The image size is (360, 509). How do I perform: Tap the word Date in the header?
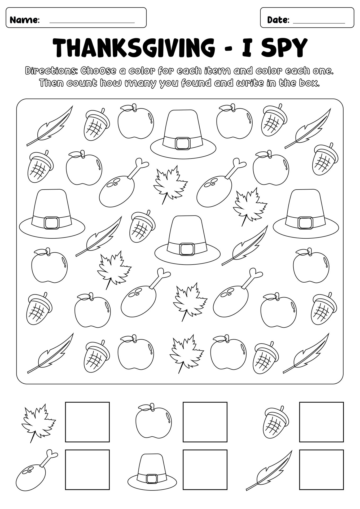tap(277, 20)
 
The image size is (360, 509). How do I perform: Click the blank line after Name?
tap(92, 23)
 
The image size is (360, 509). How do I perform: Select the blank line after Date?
tap(319, 23)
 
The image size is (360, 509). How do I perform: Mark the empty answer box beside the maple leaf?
tap(87, 422)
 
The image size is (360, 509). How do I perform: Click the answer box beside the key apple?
tap(205, 422)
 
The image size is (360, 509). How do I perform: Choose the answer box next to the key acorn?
tap(321, 422)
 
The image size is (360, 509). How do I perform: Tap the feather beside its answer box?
tap(269, 471)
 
